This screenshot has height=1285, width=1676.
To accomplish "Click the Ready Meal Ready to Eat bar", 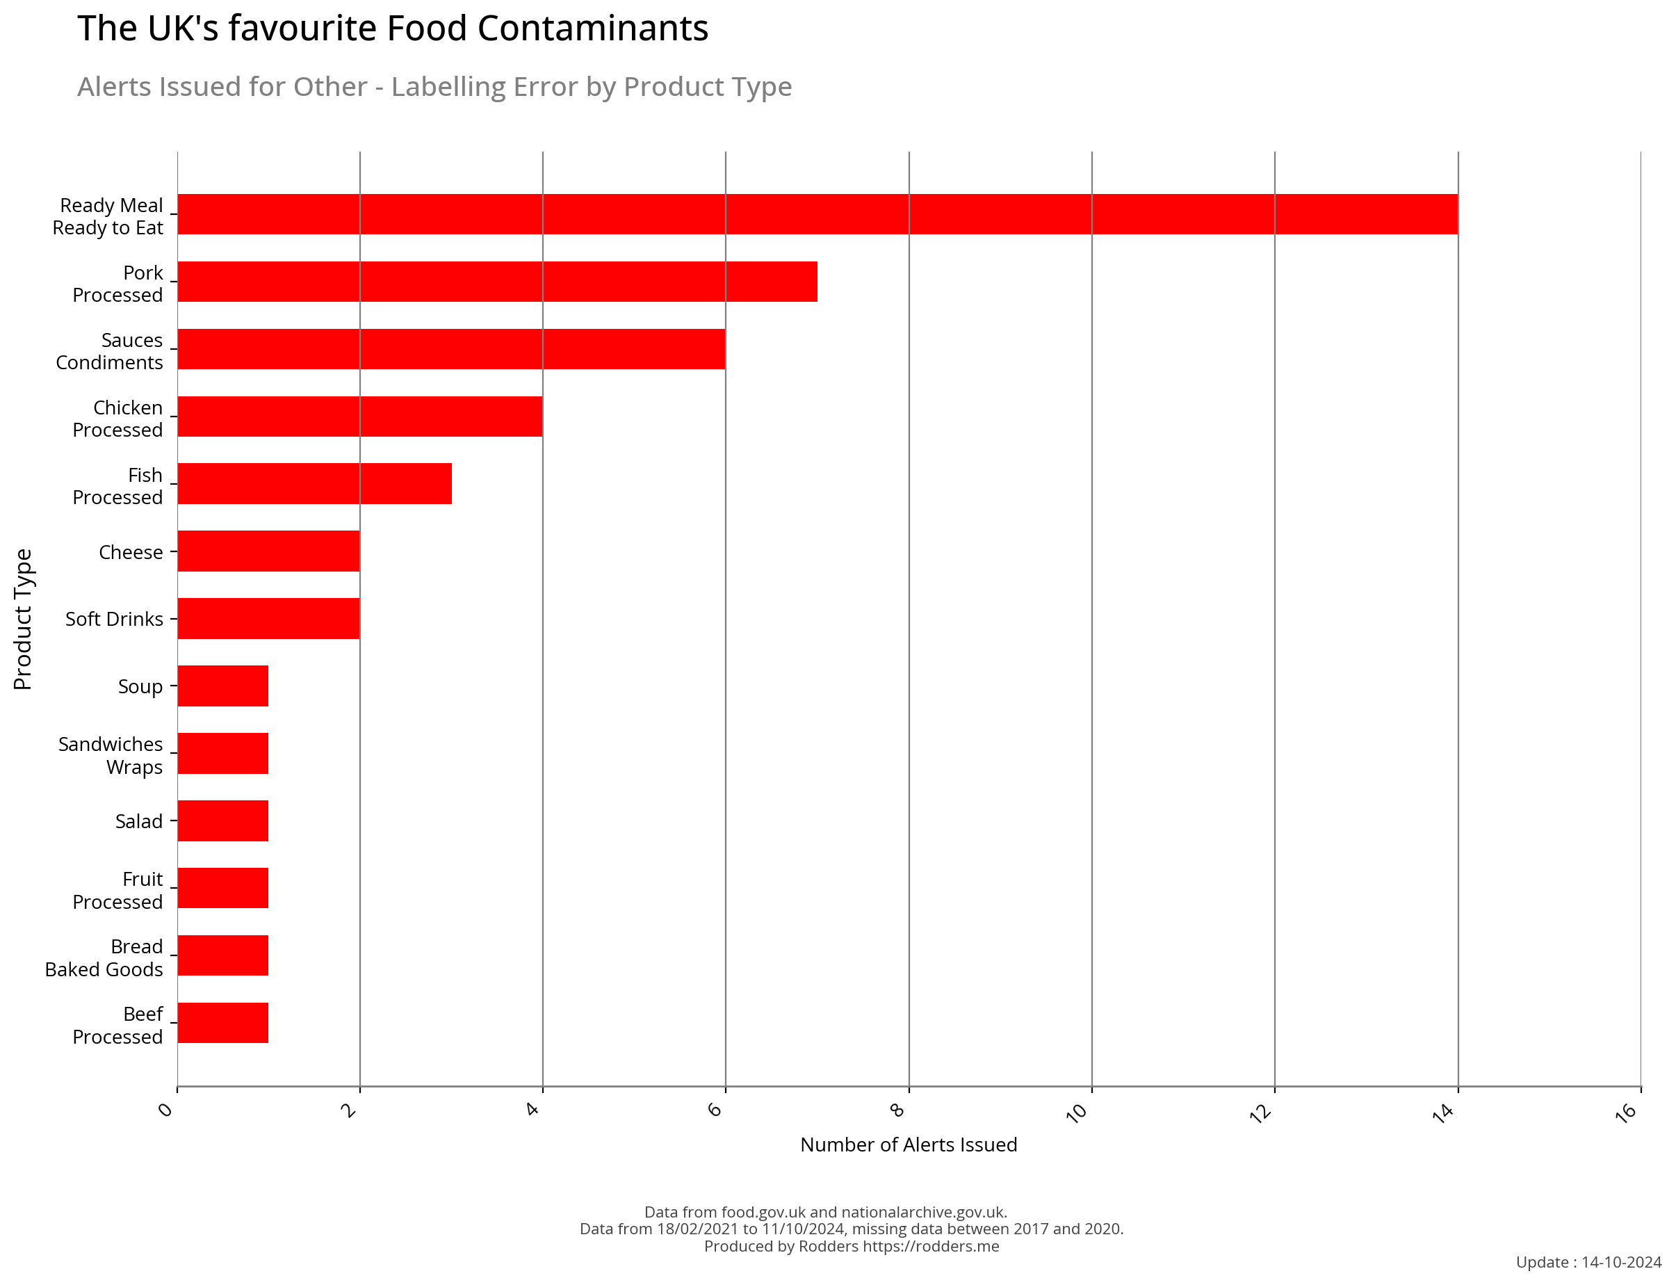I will point(817,214).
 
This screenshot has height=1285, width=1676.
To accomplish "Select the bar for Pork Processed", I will point(497,282).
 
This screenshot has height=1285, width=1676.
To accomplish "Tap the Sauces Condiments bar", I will point(451,349).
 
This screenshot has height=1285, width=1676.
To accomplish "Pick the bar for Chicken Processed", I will point(359,416).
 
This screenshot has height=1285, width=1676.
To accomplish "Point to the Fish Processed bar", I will point(314,483).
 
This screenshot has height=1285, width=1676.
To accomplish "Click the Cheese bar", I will point(268,551).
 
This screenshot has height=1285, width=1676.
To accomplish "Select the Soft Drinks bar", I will point(268,618).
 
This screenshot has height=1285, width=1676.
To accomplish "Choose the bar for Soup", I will point(222,686).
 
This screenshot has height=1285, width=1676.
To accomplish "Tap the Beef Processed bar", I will point(222,1023).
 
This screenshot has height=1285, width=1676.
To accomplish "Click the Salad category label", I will point(138,821).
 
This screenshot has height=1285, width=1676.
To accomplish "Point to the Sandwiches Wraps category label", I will point(110,756).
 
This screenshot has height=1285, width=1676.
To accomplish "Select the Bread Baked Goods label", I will point(104,957).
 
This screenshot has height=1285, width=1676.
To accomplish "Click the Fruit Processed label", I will point(117,890).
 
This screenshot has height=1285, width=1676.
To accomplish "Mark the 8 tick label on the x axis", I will point(898,1110).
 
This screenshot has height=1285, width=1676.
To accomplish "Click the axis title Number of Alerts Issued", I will point(909,1145).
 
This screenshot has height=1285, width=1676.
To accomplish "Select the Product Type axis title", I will point(23,619).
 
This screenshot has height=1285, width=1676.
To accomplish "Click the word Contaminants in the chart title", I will point(592,29).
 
